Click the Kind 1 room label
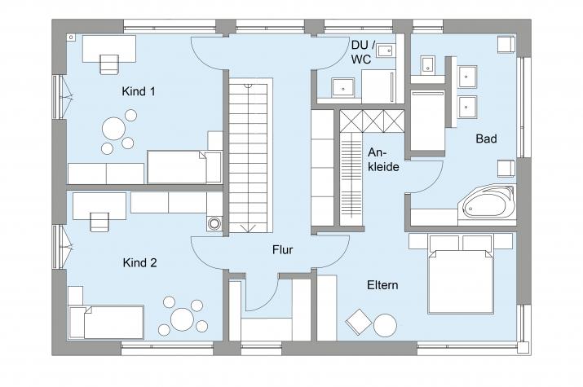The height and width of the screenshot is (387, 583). click(x=139, y=91)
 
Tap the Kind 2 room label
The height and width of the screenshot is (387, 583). click(x=139, y=263)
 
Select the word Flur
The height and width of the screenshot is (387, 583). click(x=283, y=249)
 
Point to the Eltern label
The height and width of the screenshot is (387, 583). click(x=382, y=285)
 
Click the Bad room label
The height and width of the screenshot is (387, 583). click(x=486, y=139)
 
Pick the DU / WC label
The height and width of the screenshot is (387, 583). click(x=360, y=52)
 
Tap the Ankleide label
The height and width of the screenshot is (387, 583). click(x=383, y=160)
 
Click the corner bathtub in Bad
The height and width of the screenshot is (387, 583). click(x=487, y=204)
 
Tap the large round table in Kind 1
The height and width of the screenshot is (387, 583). click(x=114, y=129)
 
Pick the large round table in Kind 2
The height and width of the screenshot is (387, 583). click(x=182, y=319)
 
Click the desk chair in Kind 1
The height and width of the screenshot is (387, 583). click(x=109, y=64)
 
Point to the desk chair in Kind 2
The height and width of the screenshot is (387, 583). click(x=99, y=222)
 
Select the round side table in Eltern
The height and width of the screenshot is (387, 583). click(x=385, y=325)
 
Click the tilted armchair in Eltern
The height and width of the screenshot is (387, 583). click(x=359, y=322)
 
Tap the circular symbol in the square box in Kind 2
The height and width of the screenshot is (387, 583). click(x=214, y=223)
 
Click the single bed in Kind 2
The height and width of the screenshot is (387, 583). click(x=106, y=322)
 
